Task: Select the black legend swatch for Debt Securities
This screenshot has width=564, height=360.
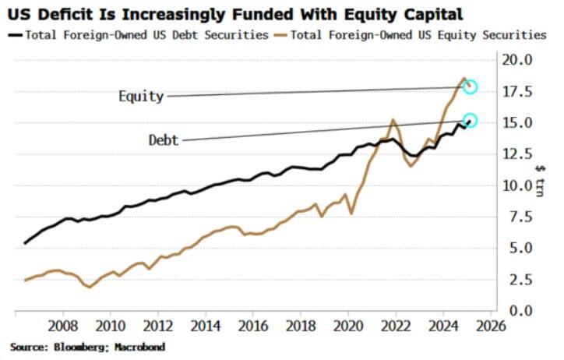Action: pyautogui.click(x=15, y=35)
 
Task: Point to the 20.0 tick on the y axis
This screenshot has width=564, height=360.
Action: pyautogui.click(x=516, y=60)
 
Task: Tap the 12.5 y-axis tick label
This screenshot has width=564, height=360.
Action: pyautogui.click(x=516, y=154)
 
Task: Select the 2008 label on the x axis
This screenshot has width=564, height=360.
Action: pyautogui.click(x=62, y=326)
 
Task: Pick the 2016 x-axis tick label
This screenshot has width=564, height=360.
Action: pyautogui.click(x=253, y=326)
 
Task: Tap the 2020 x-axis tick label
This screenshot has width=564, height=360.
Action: pyautogui.click(x=348, y=326)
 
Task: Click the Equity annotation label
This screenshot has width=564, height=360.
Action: pyautogui.click(x=141, y=97)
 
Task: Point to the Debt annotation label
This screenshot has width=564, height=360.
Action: pyautogui.click(x=164, y=140)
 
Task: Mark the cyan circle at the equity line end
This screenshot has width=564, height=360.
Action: pyautogui.click(x=470, y=87)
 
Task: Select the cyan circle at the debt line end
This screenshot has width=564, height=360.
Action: pyautogui.click(x=470, y=121)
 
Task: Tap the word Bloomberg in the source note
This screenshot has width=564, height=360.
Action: pyautogui.click(x=87, y=346)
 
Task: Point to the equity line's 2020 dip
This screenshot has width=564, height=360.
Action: pyautogui.click(x=351, y=213)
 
